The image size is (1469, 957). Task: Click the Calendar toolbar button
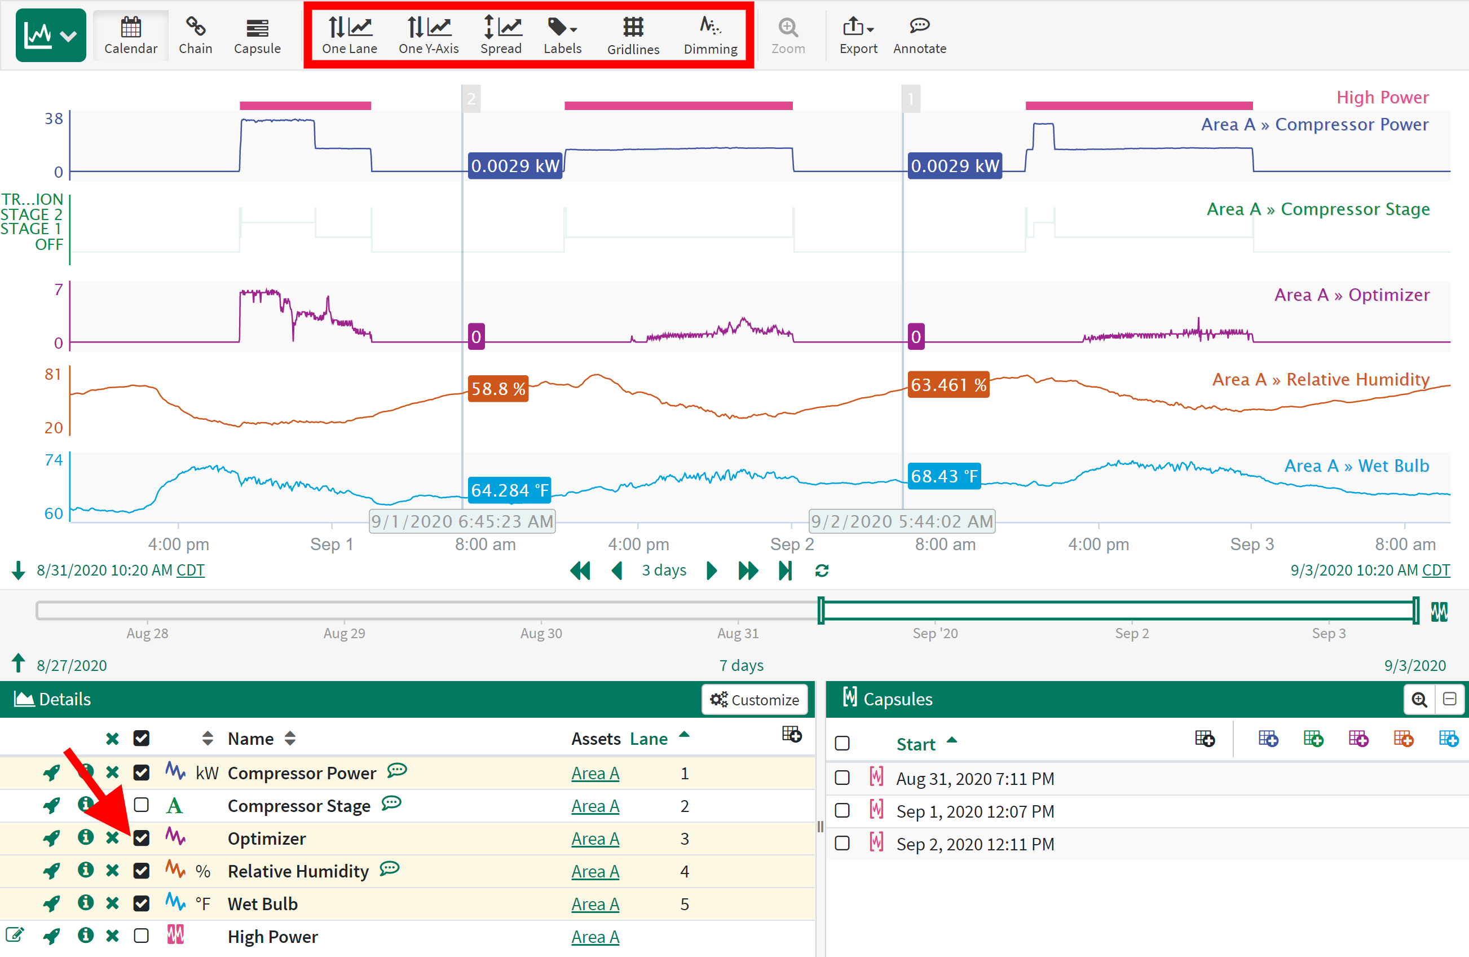coord(130,35)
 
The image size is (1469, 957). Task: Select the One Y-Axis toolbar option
coord(429,35)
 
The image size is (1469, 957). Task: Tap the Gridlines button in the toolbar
coord(633,35)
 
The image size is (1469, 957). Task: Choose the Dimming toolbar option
coord(710,35)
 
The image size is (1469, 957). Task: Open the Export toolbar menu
coord(857,35)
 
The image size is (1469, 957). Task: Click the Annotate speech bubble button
coord(919,35)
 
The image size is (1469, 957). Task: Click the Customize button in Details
coord(755,700)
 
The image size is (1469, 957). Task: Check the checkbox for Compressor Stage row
coord(142,805)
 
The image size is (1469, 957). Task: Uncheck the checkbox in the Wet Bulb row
coord(142,903)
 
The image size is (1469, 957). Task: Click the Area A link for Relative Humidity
coord(595,871)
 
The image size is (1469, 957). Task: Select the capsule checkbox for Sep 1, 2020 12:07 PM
coord(842,811)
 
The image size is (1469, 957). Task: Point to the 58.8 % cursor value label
coord(498,388)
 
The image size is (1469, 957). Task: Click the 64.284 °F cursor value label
coord(509,490)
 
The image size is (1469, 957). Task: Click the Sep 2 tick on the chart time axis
coord(792,545)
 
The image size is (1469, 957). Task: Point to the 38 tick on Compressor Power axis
coord(54,118)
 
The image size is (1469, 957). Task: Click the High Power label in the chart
coord(1382,98)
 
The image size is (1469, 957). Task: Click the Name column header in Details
coord(250,739)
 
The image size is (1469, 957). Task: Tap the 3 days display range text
coord(664,570)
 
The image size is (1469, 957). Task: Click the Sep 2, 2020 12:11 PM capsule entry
coord(974,844)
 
